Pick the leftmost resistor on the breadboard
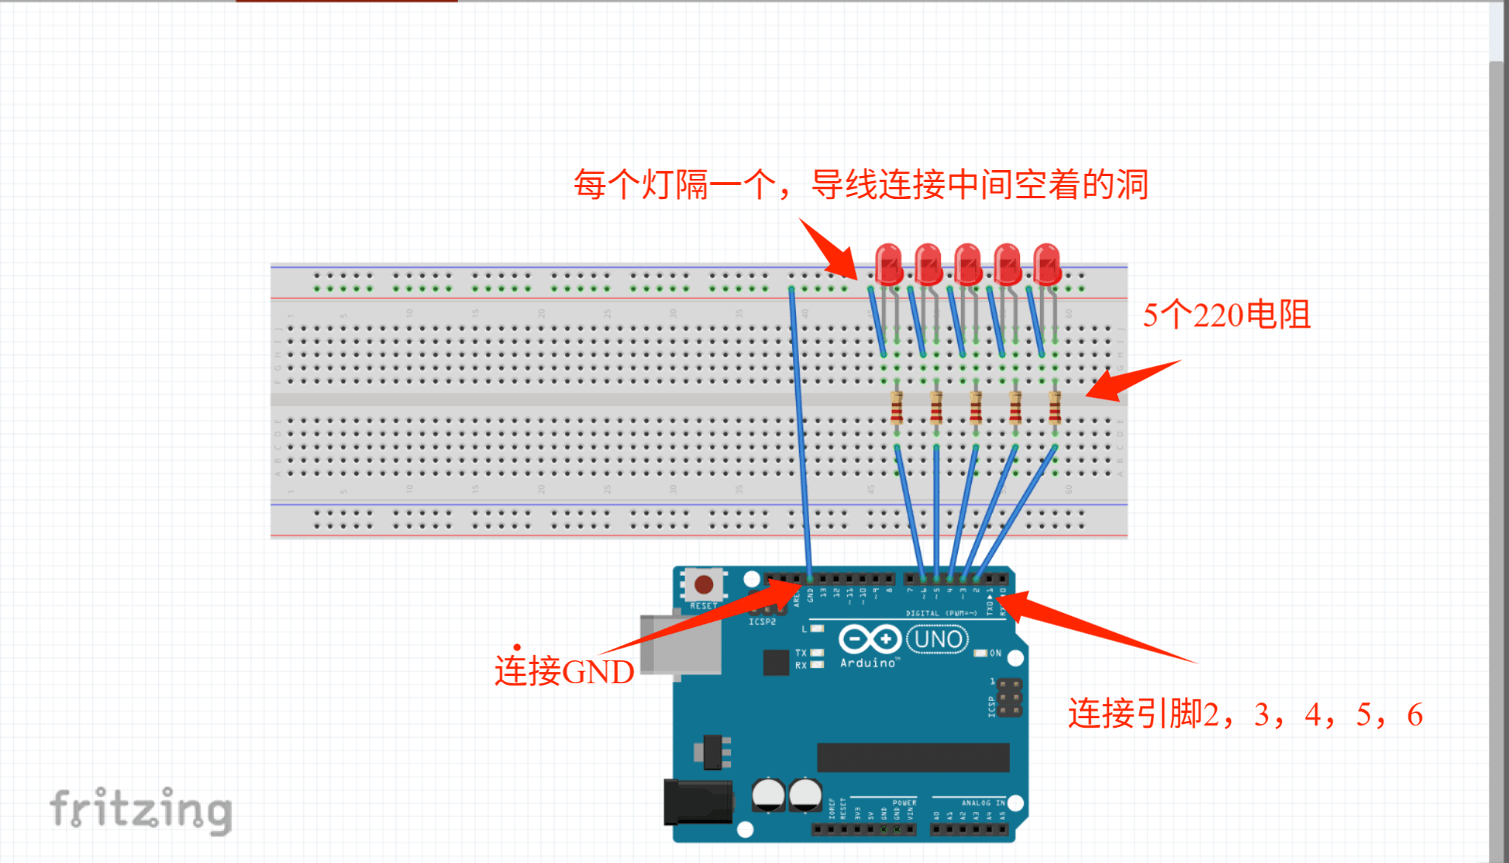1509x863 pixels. (897, 407)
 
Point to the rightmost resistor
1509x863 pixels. (1055, 407)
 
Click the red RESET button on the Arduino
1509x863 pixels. (703, 585)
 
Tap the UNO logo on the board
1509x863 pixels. (938, 639)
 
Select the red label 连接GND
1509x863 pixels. (564, 671)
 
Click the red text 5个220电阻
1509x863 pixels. (1226, 315)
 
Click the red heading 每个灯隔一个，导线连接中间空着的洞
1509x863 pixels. (861, 184)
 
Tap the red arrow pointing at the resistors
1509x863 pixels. (1132, 380)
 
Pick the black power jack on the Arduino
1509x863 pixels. (698, 802)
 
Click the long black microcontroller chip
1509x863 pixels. (913, 757)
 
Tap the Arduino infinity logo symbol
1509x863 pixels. (869, 639)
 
